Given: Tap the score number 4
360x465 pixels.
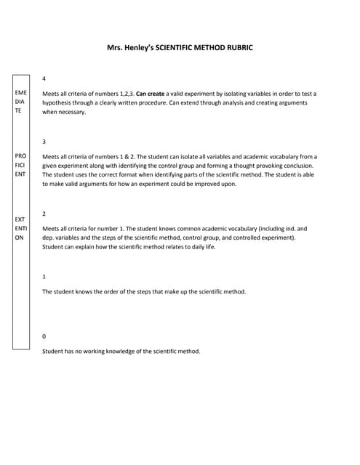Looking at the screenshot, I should point(44,78).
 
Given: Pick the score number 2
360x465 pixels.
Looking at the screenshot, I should point(44,214).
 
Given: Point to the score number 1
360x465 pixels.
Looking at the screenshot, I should point(44,277).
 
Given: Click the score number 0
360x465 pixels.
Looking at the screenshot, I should point(44,336).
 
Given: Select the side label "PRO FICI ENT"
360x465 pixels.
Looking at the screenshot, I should point(20,165).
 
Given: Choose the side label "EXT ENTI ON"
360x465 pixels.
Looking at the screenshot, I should point(20,228).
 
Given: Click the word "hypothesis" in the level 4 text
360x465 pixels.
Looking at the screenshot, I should point(59,103).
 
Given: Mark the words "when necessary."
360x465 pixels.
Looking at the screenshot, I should point(64,113).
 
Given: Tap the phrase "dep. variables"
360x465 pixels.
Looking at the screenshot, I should point(65,238).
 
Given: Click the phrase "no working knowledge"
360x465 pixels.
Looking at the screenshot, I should point(111,351).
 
